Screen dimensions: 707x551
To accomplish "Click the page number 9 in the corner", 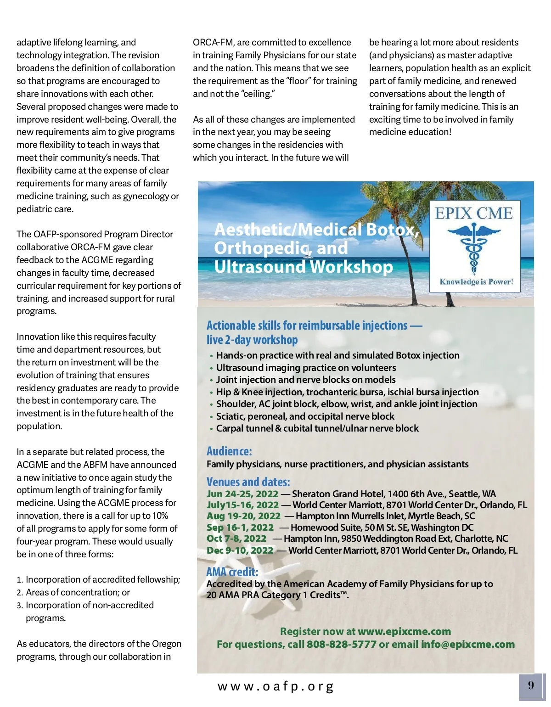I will (531, 685).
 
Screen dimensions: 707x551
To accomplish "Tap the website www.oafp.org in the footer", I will (275, 686).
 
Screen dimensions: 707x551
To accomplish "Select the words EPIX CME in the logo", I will (474, 213).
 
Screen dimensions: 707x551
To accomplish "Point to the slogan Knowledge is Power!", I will (476, 282).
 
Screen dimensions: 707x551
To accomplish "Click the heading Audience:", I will (229, 451).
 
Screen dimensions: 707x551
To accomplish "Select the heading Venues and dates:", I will (248, 482).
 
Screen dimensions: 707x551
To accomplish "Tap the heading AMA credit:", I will (232, 572).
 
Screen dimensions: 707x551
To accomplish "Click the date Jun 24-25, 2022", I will (242, 494).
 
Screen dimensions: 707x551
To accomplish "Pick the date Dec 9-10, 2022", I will (240, 550).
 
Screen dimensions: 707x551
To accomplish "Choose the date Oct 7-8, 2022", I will (236, 539).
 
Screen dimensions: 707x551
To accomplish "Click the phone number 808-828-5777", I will (342, 645).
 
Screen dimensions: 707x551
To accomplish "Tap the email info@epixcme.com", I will (468, 645).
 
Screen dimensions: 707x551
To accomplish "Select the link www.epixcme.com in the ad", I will (404, 632).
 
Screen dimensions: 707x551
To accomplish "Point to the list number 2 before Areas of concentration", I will (20, 593).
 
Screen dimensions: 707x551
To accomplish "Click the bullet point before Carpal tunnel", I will (211, 429).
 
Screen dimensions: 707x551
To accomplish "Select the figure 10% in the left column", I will (160, 516).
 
